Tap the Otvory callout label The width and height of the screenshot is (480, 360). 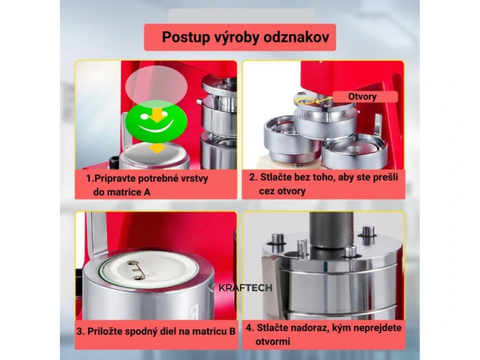[x=362, y=97]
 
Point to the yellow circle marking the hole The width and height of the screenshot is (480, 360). [x=303, y=100]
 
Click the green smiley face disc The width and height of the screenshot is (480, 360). [x=156, y=121]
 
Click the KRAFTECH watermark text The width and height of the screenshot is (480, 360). [x=245, y=288]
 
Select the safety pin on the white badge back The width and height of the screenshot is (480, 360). [x=136, y=270]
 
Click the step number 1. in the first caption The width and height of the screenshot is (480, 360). [x=90, y=178]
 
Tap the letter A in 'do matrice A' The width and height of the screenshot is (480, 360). [x=147, y=192]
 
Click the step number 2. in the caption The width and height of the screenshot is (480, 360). [x=253, y=177]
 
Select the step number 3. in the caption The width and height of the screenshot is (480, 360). [x=81, y=331]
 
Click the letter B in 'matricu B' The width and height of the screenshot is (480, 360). [x=232, y=331]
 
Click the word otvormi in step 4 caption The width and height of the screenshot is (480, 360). [x=273, y=341]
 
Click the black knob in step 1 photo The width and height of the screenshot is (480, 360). [x=115, y=161]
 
